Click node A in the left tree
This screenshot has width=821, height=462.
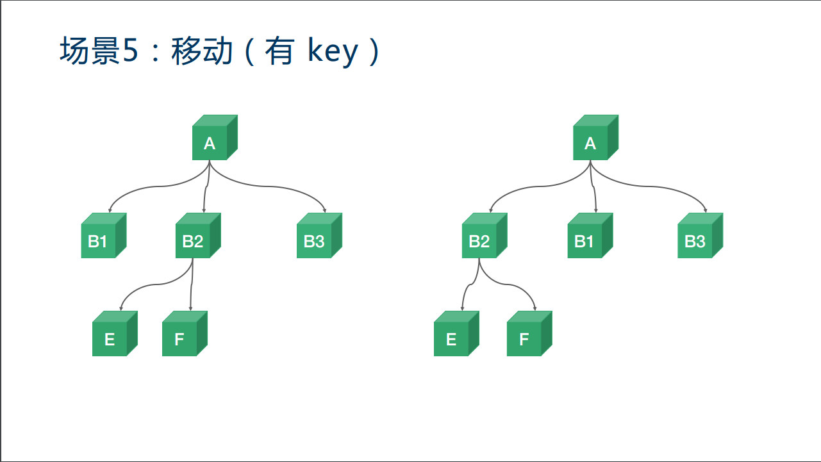(x=210, y=143)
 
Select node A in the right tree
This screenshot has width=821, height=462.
(x=591, y=143)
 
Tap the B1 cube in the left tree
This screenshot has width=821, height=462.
(x=99, y=241)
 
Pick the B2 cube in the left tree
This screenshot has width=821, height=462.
(x=194, y=241)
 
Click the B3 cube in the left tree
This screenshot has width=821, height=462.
(x=315, y=241)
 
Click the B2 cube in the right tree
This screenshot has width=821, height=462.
(x=480, y=241)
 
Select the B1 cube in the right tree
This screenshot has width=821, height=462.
(x=585, y=241)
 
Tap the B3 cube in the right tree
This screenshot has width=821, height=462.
(x=696, y=241)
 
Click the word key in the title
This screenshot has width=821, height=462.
(x=332, y=51)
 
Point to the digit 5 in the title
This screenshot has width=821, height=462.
(x=130, y=51)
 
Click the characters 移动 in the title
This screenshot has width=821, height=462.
(x=202, y=51)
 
